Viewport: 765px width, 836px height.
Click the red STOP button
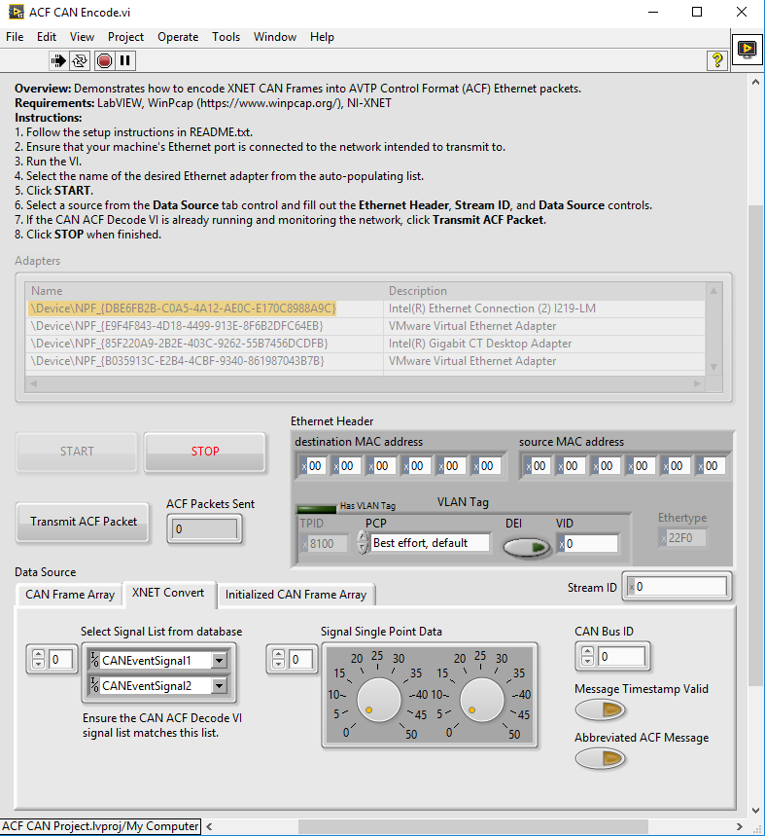[205, 452]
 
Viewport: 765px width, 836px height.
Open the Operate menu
[178, 37]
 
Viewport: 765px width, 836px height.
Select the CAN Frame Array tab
[70, 595]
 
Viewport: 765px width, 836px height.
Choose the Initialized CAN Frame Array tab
[296, 595]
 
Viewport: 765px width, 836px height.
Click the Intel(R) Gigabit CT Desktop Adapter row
[480, 344]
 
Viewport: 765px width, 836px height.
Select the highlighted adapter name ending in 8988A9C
[184, 309]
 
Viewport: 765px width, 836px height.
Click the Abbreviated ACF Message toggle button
[599, 758]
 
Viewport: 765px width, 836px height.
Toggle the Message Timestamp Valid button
[599, 709]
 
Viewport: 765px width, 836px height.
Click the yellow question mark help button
[717, 60]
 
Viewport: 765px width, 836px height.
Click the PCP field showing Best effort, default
[430, 543]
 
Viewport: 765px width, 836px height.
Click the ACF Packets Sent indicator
[204, 529]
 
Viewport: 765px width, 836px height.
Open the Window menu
[275, 37]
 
